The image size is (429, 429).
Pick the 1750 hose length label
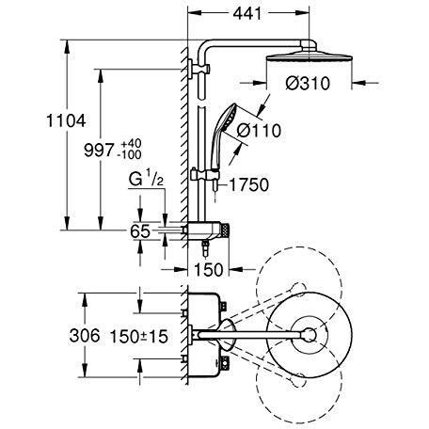[246, 183]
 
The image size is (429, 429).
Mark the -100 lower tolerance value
[129, 153]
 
